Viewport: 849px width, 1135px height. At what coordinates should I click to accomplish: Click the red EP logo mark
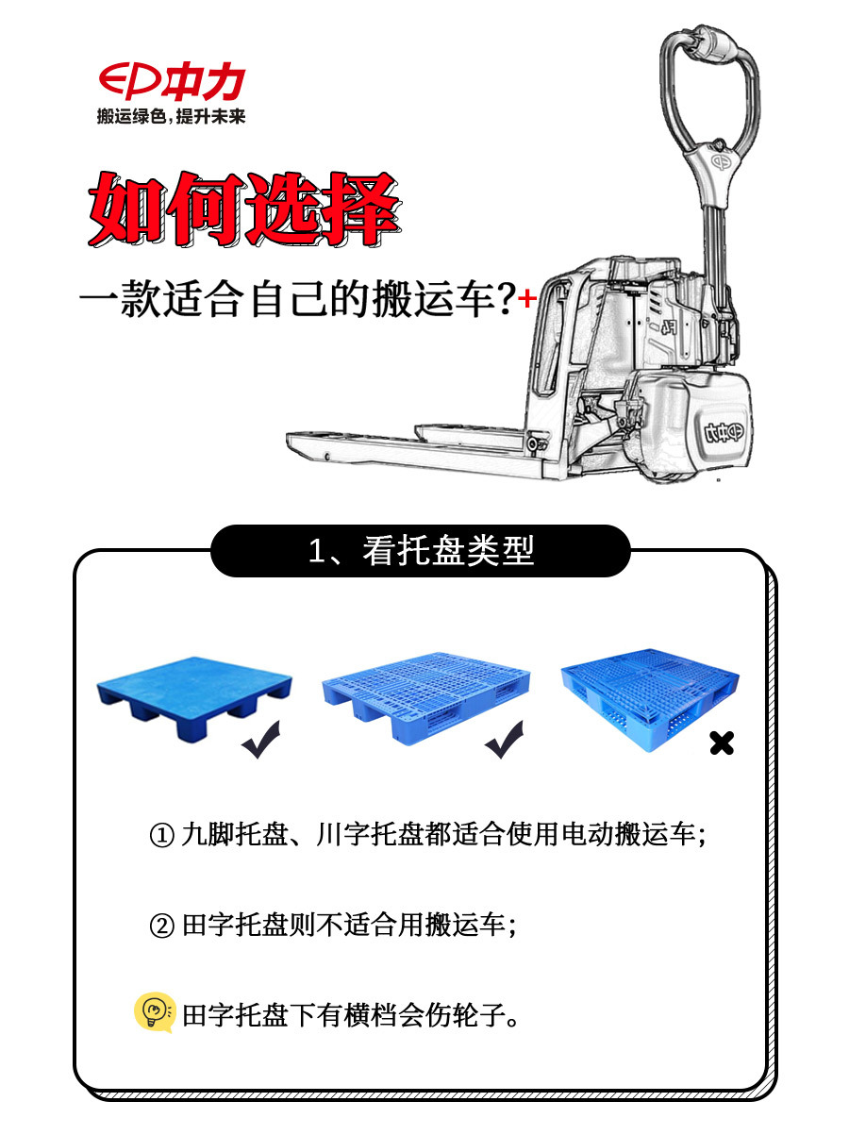coord(129,82)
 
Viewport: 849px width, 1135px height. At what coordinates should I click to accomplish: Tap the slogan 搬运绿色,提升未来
coord(171,116)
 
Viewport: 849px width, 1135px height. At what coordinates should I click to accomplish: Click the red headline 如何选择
coord(243,209)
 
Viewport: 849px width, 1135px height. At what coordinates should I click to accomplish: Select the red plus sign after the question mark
coord(527,299)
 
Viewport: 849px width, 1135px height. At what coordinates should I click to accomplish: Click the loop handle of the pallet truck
coord(708,85)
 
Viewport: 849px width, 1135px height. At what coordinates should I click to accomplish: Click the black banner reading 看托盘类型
coord(421,551)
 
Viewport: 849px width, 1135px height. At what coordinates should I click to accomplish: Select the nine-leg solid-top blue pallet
coord(193,697)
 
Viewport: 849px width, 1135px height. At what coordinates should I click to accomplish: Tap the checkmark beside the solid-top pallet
coord(260,742)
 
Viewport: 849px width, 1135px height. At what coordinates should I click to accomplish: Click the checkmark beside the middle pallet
coord(507,742)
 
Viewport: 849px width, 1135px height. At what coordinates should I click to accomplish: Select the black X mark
coord(722,743)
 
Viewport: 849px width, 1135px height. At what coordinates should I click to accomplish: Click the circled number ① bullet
coord(162,836)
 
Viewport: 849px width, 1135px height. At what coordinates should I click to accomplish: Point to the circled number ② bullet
coord(162,926)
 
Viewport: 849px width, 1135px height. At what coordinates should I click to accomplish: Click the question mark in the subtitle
coord(506,301)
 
